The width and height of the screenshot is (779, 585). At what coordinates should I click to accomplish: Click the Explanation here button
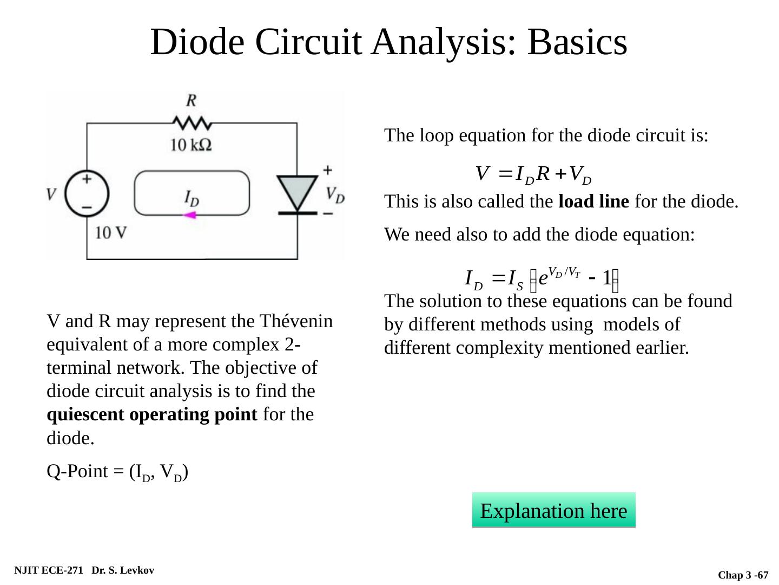click(x=553, y=510)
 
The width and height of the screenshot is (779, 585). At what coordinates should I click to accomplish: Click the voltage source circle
click(x=87, y=194)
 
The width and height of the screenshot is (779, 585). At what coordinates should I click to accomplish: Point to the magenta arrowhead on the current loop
click(x=189, y=215)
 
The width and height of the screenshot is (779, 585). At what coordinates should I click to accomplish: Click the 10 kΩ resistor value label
click(x=190, y=145)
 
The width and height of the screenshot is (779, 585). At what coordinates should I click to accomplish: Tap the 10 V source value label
click(x=111, y=232)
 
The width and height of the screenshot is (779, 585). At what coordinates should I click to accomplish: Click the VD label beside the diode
click(x=335, y=194)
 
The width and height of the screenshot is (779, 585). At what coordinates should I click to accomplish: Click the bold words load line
click(x=593, y=202)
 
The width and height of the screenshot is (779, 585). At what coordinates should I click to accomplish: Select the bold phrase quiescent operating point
click(x=152, y=414)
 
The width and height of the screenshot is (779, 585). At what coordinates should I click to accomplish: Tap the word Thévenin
click(x=296, y=321)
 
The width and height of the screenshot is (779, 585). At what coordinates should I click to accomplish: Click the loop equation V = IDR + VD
click(x=533, y=174)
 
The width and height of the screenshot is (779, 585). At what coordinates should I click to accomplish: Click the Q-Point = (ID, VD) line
click(x=117, y=472)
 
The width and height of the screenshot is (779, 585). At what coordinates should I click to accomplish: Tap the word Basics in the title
click(x=578, y=42)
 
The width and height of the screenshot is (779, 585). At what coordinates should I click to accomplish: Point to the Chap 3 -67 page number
click(x=743, y=575)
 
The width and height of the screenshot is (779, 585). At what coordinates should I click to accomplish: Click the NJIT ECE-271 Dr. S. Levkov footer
click(x=84, y=570)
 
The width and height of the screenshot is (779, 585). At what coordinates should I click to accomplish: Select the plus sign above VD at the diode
click(x=327, y=170)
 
